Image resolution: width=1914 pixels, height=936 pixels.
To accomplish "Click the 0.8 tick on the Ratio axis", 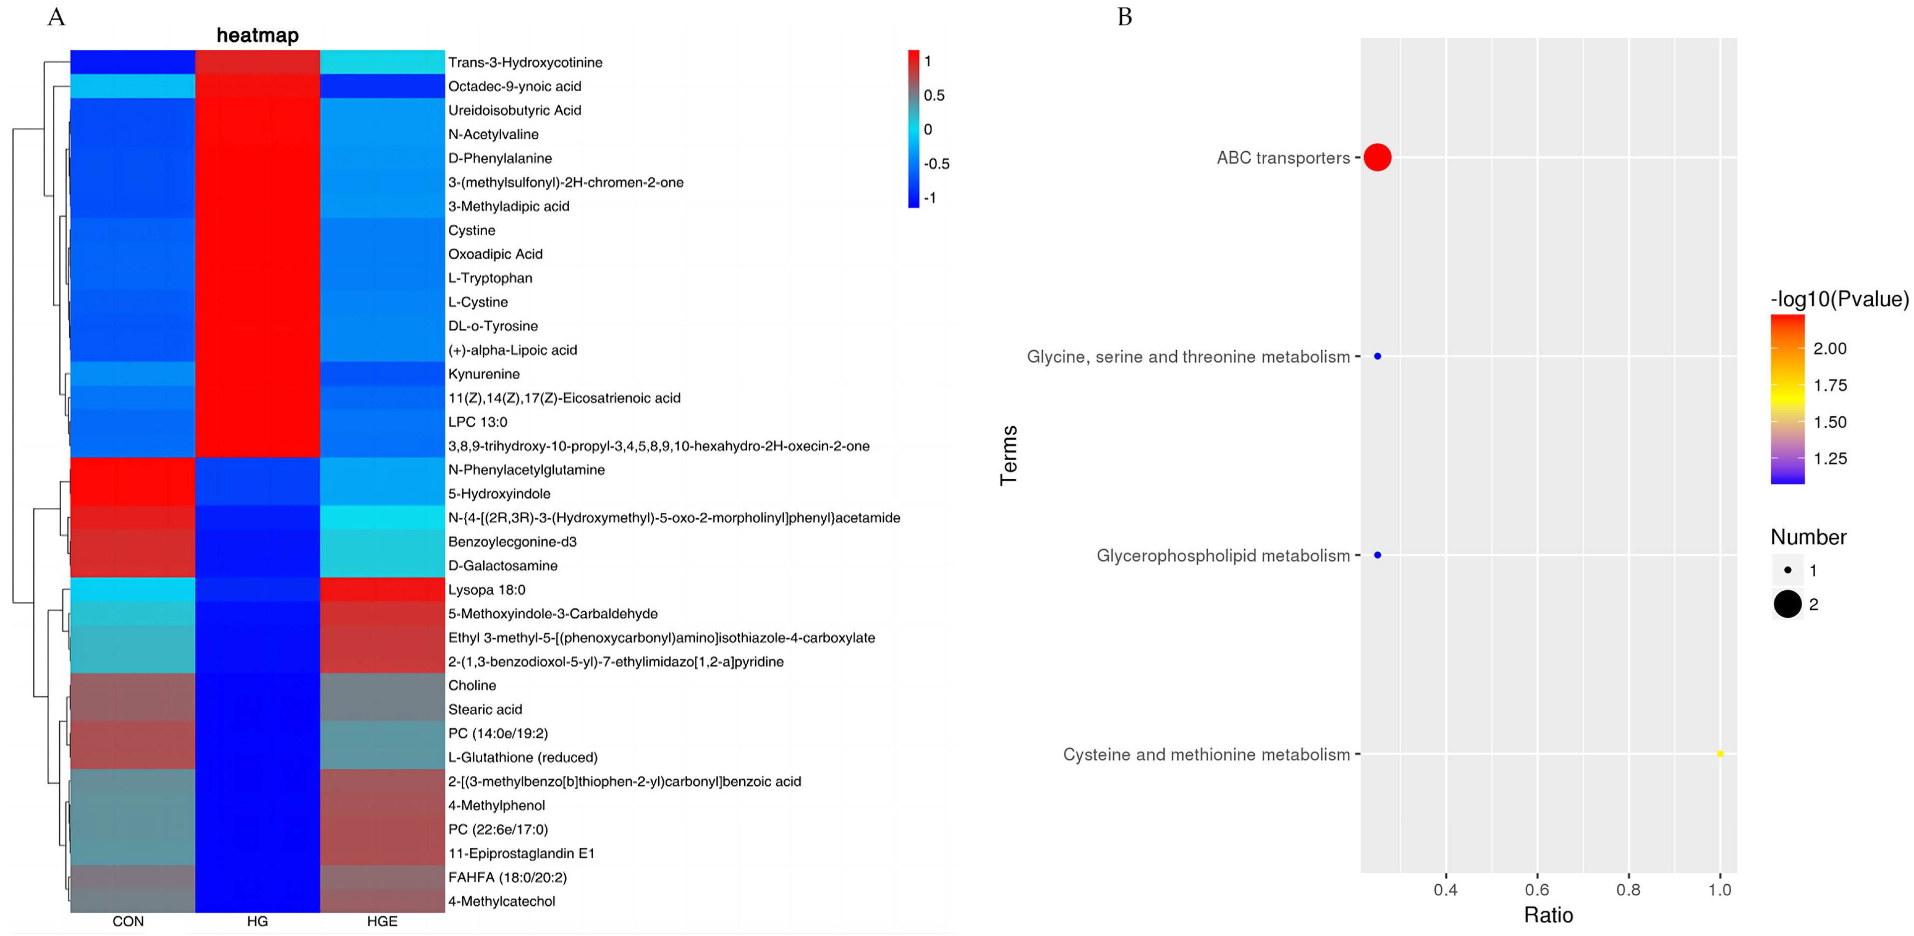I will point(1628,889).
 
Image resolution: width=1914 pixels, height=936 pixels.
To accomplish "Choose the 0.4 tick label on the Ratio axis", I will point(1445,889).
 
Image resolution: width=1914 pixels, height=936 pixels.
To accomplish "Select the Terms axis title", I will point(1008,456).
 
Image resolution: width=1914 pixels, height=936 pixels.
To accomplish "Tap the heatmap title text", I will point(257,35).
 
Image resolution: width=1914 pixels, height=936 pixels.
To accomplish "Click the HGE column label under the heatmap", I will point(382,921).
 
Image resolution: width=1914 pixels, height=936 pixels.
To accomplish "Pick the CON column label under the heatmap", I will point(128,921).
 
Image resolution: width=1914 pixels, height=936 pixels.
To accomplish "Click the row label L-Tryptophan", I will point(490,278).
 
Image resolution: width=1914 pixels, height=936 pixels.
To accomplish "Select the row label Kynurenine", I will point(484,374).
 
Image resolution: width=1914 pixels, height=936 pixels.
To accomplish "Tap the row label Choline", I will point(472,685).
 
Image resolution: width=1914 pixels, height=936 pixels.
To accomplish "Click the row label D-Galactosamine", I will point(502,566).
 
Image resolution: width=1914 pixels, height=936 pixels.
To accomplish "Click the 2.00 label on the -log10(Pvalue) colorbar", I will point(1829,349).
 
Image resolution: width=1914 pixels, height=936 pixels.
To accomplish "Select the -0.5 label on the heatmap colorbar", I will point(936,164).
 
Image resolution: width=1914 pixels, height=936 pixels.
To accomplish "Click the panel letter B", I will point(1124,17).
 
